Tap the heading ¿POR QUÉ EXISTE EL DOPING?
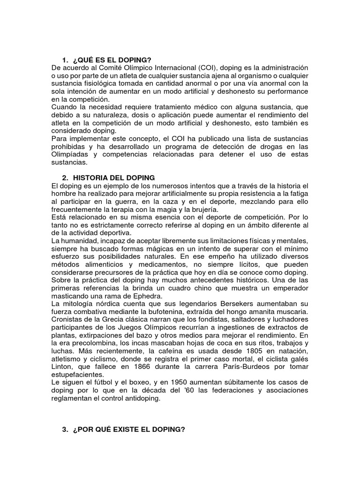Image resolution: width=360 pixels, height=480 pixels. tap(129, 429)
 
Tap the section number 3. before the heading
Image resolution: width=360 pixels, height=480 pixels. tap(65, 429)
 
